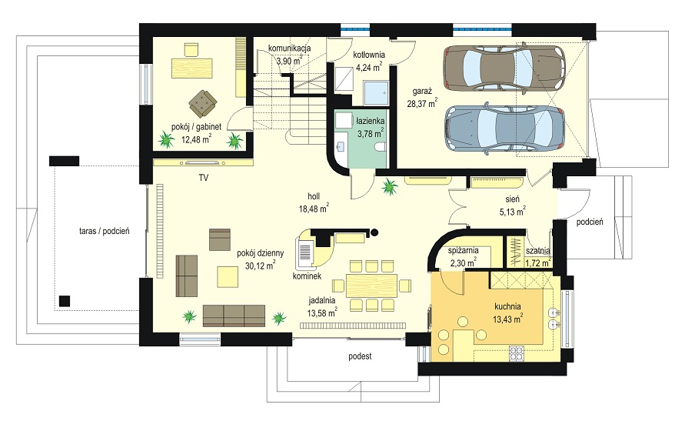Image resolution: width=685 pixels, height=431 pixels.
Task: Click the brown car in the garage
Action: pos(504,68)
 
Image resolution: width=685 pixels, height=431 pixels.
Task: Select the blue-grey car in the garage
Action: pos(504,129)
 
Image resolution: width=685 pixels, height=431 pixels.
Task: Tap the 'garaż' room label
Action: pos(422,92)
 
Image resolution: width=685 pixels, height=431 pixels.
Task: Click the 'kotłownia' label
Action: pos(369,55)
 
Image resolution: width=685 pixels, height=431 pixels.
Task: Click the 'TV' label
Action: pos(204,178)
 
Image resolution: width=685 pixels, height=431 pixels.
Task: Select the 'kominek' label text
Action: pos(308,276)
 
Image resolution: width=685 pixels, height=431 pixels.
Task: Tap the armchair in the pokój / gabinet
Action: pos(203,103)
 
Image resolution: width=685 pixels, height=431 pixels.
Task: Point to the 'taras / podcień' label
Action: pos(105,232)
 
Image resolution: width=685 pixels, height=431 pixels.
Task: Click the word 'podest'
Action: pos(360,356)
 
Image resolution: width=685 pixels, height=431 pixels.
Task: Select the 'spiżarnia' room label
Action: pos(463,251)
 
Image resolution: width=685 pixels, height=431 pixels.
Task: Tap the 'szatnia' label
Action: pos(538,251)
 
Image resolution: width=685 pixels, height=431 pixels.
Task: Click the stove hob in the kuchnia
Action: pos(517,354)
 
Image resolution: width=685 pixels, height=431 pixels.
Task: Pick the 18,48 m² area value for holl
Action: pos(314,209)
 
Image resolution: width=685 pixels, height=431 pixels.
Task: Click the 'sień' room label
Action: pos(513,199)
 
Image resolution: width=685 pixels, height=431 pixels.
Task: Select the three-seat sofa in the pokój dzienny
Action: pos(234,316)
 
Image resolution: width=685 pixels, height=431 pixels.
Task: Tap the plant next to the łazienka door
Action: pos(389,187)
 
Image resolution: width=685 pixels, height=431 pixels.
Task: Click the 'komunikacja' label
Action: pos(289,48)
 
